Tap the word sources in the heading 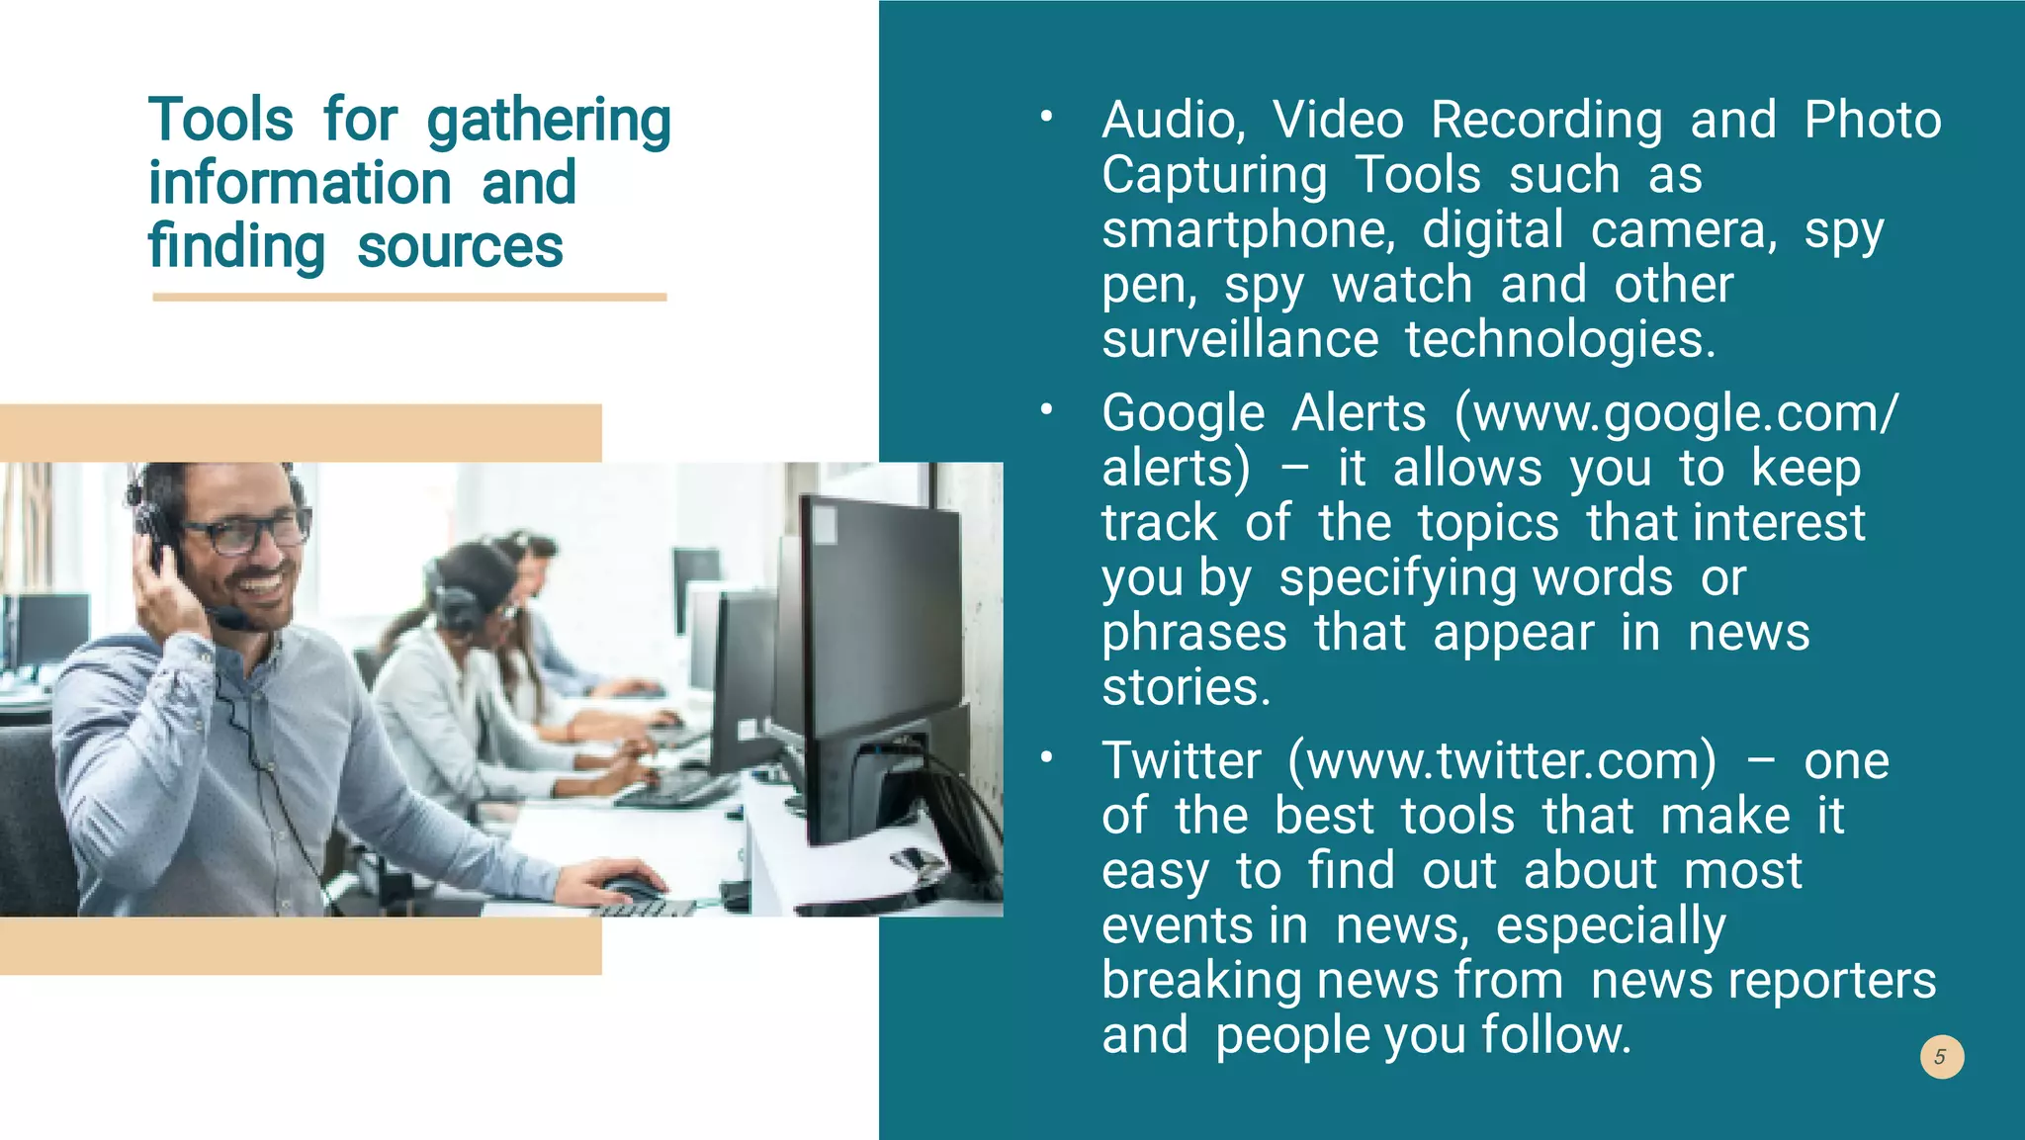[x=460, y=247]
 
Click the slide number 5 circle [x=1941, y=1057]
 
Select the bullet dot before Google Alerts [x=1046, y=410]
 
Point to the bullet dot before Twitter [x=1046, y=758]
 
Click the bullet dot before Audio [x=1046, y=118]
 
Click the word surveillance [x=1240, y=339]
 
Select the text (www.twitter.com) [x=1503, y=761]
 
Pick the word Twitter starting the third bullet [x=1182, y=761]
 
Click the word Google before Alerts [x=1183, y=413]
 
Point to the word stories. [x=1186, y=687]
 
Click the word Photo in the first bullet [x=1873, y=121]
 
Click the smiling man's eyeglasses [x=247, y=534]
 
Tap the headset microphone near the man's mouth [x=233, y=620]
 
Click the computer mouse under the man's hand [x=634, y=888]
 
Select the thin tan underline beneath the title [x=409, y=297]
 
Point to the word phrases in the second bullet [x=1194, y=633]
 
